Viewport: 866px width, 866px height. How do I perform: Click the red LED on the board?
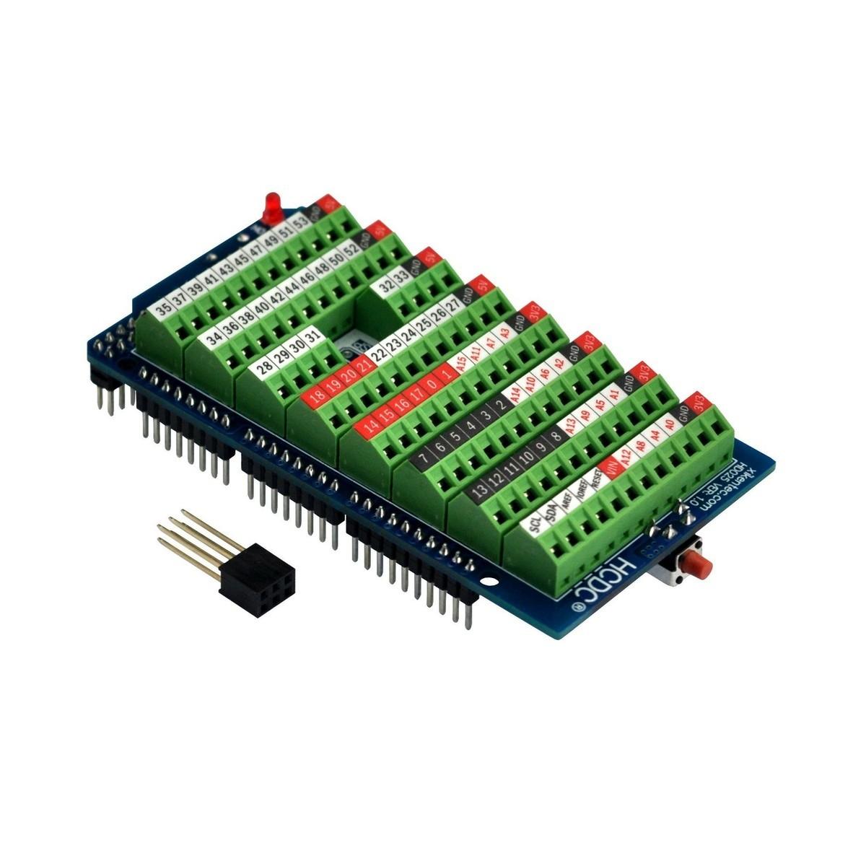point(272,206)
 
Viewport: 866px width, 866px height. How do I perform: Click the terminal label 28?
point(265,365)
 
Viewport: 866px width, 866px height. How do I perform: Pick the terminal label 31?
point(311,336)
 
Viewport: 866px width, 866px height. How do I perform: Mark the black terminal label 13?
point(478,489)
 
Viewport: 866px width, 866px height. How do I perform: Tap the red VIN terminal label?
point(614,469)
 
